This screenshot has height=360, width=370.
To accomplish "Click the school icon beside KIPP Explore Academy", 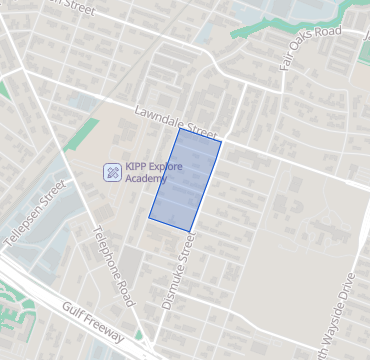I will coord(112,172).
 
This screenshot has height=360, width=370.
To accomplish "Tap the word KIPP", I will coord(137,167).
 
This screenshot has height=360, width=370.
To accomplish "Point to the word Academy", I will coord(146,179).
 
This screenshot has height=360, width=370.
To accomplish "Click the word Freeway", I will coord(105,326).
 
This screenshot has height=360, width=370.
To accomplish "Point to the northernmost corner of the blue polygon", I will coord(180,129).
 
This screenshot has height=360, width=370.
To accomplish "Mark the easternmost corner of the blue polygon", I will coord(221,142).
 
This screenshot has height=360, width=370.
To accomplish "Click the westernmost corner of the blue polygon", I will coord(149,217).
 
